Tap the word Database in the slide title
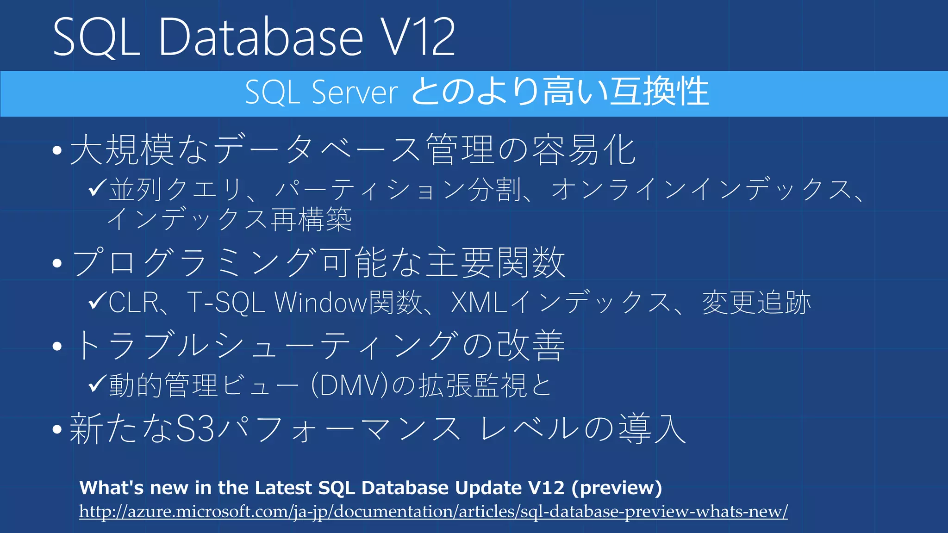point(261,37)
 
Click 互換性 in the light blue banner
point(659,92)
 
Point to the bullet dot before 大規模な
point(57,150)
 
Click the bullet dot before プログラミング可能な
point(57,263)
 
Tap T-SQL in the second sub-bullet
point(226,303)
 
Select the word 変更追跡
point(756,303)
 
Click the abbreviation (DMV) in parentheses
point(349,385)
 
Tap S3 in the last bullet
point(196,429)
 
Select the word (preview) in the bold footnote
point(617,488)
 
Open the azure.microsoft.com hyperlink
point(433,512)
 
